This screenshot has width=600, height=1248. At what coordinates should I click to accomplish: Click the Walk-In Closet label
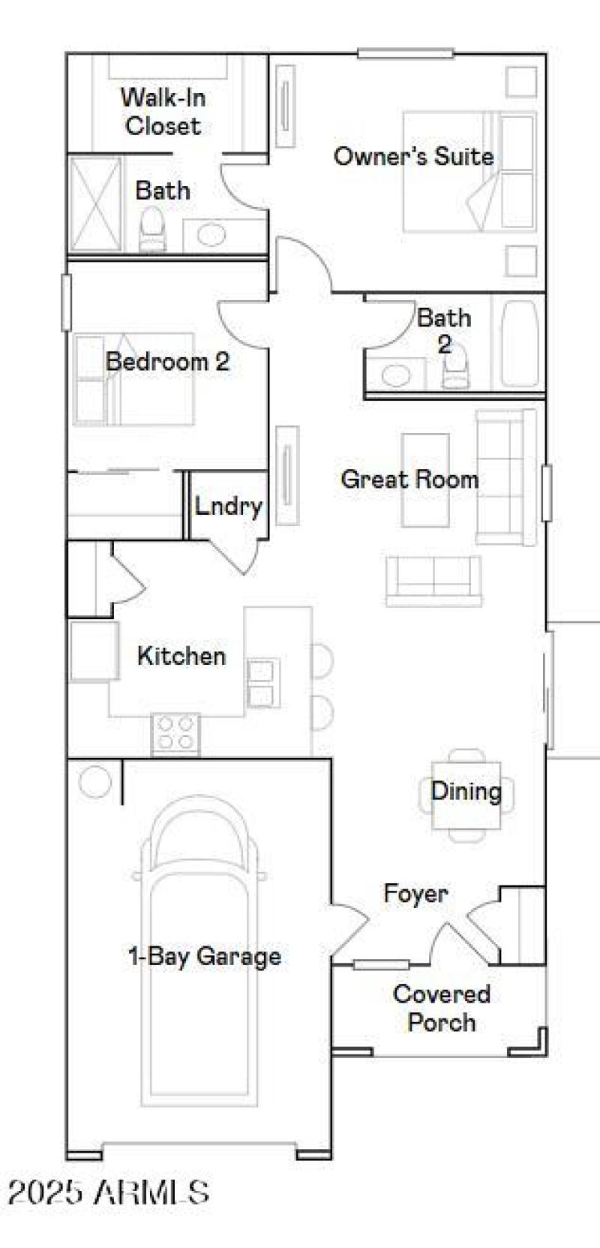(x=163, y=111)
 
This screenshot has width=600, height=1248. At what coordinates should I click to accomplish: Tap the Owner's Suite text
(x=413, y=156)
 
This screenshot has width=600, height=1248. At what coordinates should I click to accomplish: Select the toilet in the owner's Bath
(x=152, y=227)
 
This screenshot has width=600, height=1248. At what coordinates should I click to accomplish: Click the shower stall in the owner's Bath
(x=95, y=203)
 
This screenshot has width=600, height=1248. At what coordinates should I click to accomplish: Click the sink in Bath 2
(x=394, y=374)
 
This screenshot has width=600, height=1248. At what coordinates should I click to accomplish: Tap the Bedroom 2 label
(x=167, y=362)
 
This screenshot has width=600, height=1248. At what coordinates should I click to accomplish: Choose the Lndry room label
(x=228, y=506)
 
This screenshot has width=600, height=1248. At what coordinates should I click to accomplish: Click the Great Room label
(x=409, y=479)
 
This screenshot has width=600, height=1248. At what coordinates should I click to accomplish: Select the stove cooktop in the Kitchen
(x=175, y=732)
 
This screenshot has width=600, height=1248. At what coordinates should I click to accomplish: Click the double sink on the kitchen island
(x=262, y=683)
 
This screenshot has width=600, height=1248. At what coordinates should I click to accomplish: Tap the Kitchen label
(x=181, y=656)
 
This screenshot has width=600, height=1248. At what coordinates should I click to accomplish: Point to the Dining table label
(x=466, y=790)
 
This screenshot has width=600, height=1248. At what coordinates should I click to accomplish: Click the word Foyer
(x=415, y=893)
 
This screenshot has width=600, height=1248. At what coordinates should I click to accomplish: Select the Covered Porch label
(x=442, y=1008)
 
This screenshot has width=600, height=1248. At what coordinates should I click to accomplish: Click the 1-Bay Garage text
(x=205, y=956)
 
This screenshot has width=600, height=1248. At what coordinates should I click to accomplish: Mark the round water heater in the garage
(x=94, y=782)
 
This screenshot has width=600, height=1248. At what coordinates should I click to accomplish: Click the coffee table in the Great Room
(x=425, y=480)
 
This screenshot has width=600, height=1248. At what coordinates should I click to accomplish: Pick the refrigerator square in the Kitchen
(x=93, y=651)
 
